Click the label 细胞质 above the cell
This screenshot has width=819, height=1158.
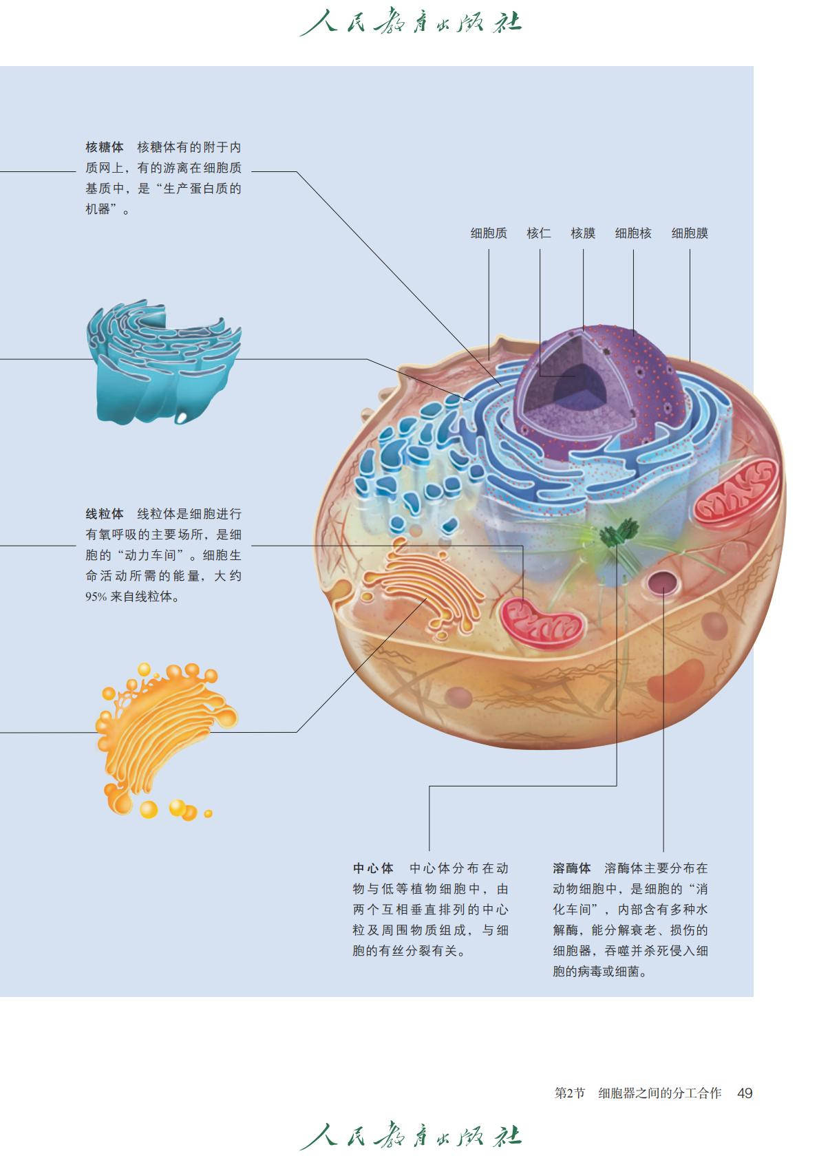pos(488,233)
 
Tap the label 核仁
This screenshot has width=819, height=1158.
pos(538,233)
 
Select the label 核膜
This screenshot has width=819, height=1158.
pos(582,233)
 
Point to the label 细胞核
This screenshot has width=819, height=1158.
pos(632,233)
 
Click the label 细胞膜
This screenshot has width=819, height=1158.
pos(689,233)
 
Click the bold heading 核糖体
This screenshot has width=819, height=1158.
pos(105,147)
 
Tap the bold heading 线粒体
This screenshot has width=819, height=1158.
pos(105,514)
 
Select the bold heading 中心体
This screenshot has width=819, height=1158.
pos(373,868)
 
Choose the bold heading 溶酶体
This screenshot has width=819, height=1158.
pos(571,868)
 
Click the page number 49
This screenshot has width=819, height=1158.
pos(744,1093)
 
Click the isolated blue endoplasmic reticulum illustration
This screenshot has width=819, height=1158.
pos(163,361)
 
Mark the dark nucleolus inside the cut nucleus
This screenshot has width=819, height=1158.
pos(575,380)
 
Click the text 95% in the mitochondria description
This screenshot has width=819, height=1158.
pos(96,597)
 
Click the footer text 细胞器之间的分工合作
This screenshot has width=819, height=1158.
pos(659,1093)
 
